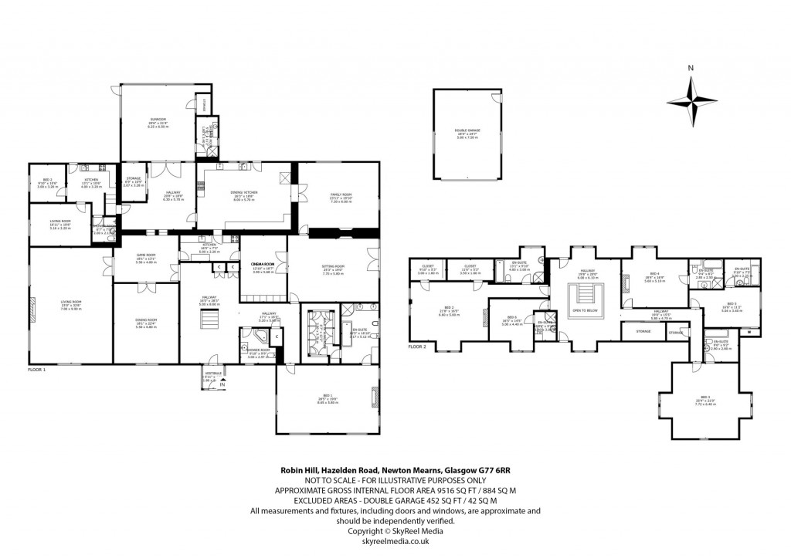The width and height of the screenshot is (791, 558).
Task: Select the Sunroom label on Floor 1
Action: (x=158, y=120)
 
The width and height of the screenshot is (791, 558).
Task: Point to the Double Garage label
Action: (x=467, y=131)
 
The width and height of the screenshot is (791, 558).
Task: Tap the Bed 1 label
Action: (x=327, y=399)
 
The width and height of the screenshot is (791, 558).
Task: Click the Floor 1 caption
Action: (x=36, y=370)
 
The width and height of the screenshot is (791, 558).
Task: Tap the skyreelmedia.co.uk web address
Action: (x=395, y=541)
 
